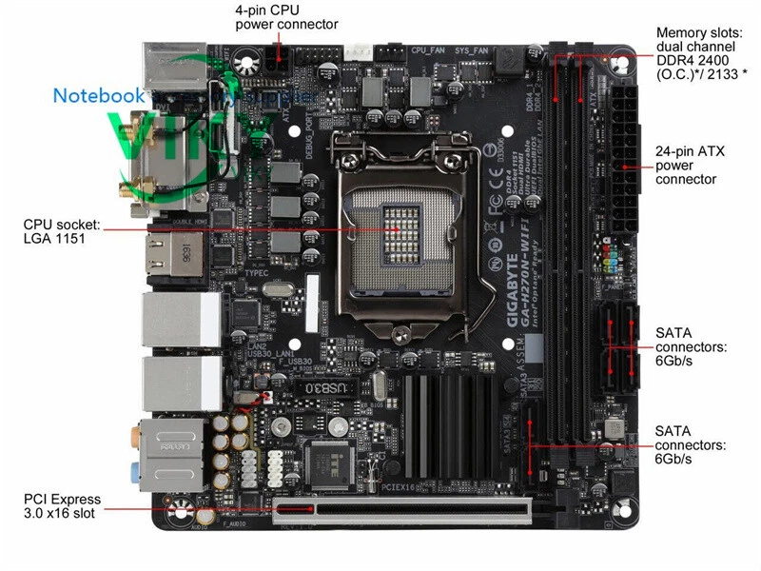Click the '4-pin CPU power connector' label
click(x=285, y=17)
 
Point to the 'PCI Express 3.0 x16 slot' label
click(x=63, y=506)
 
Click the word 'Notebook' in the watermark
click(x=98, y=95)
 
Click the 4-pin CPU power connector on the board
click(x=278, y=62)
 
